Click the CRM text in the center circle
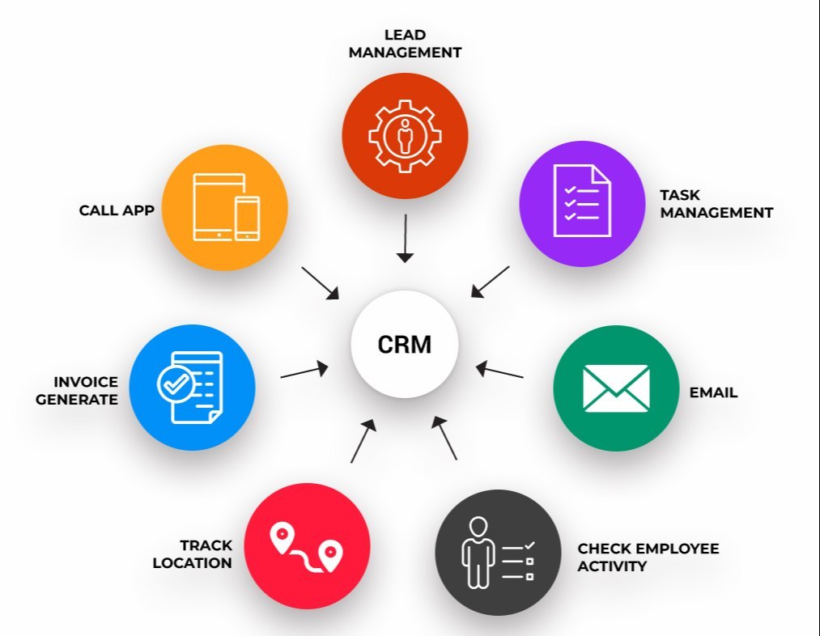tap(405, 345)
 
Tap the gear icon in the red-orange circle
tap(404, 134)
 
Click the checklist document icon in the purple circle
tap(581, 201)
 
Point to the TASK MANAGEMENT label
tap(716, 204)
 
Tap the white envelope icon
tap(616, 388)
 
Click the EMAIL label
tap(713, 392)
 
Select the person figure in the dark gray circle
tap(478, 552)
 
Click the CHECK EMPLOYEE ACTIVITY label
tap(648, 558)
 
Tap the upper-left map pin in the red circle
tap(281, 537)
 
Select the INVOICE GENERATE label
tap(86, 390)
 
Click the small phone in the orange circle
tap(247, 218)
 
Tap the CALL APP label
tap(117, 210)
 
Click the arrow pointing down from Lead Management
tap(405, 238)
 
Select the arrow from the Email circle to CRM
tap(499, 371)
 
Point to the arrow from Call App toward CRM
tap(321, 283)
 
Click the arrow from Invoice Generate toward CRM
tap(304, 371)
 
